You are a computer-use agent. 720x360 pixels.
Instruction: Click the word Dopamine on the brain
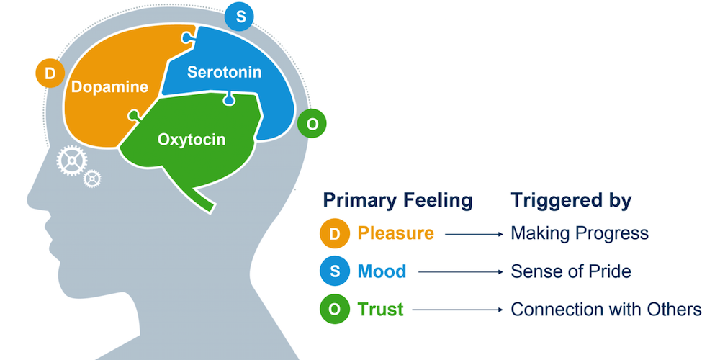109,88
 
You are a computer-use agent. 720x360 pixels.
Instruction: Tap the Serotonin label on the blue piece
224,72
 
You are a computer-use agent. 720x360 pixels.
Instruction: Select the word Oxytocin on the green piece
192,139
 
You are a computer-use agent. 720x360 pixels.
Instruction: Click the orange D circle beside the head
50,73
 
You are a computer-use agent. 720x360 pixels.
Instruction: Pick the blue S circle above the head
239,17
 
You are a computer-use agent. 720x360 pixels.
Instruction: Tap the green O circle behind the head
312,124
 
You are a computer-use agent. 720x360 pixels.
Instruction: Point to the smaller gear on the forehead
92,178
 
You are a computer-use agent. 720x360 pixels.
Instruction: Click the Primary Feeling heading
397,200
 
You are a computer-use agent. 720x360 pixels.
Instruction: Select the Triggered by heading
571,200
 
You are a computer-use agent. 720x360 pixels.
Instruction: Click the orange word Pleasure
396,234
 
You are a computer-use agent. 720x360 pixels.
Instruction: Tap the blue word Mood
382,272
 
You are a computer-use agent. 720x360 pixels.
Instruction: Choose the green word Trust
380,310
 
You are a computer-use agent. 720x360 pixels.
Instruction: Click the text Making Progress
580,234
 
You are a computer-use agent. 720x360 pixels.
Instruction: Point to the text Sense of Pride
570,272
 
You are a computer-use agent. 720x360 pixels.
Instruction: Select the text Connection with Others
606,310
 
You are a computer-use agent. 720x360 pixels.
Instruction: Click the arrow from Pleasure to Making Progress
472,234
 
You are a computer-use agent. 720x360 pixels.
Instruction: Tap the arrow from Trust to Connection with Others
456,310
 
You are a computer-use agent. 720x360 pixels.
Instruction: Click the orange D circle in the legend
335,234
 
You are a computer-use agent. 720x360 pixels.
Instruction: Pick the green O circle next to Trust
335,310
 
